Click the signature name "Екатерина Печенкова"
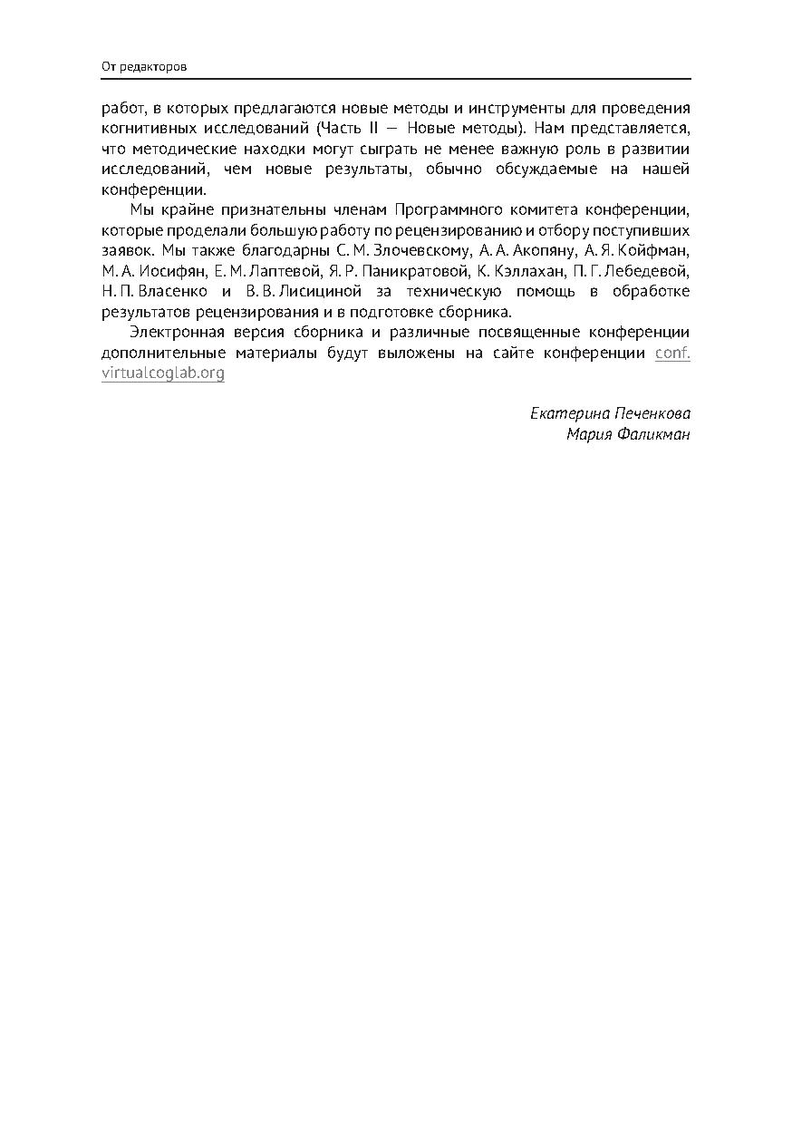(610, 413)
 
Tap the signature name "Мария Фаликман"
(628, 434)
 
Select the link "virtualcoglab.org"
(163, 373)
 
